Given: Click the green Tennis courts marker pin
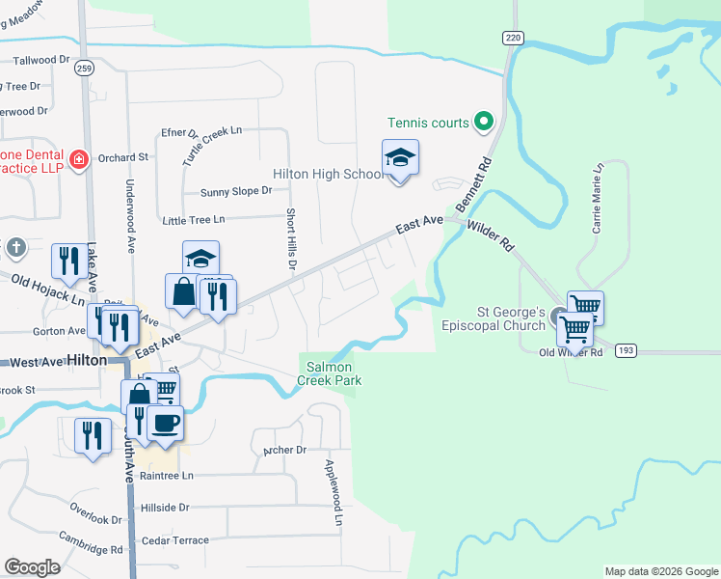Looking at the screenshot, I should point(485,123).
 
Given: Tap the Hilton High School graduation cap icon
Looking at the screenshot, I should point(400,156).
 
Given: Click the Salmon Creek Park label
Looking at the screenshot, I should point(334,373).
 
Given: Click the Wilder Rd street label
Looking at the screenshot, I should point(491,234).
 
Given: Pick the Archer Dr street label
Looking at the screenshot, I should point(284,450).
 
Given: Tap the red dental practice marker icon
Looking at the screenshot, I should point(79,158).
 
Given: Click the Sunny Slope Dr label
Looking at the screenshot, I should point(236,191).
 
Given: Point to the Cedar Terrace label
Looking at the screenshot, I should point(174,540).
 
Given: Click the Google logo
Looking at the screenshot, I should point(32,567).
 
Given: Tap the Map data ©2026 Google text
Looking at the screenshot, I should point(661,571).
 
